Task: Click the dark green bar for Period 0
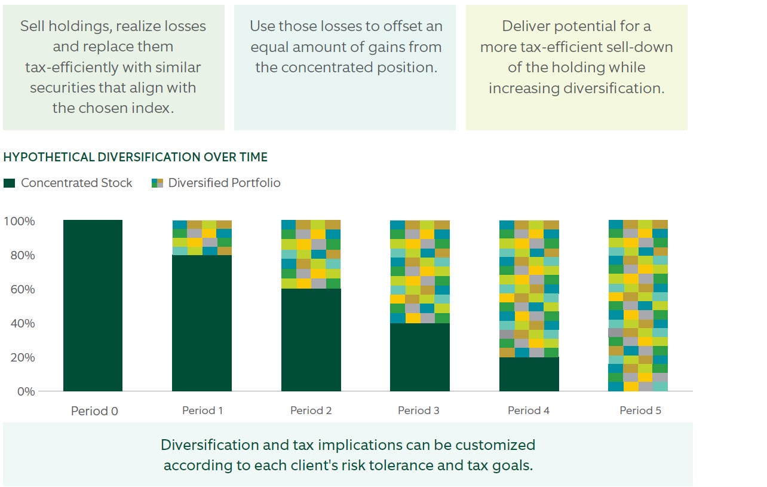point(93,305)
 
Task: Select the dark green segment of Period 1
point(201,323)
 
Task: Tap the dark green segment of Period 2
point(311,340)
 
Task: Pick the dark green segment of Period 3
point(419,357)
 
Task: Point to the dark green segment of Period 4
point(529,374)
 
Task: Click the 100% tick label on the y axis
point(19,221)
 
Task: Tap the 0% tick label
point(24,391)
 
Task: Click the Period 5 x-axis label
point(640,411)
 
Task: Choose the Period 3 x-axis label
point(419,411)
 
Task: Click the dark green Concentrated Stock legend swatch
point(9,183)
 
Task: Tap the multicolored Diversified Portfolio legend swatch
point(158,183)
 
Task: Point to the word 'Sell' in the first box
point(32,26)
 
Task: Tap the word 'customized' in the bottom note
point(490,445)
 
